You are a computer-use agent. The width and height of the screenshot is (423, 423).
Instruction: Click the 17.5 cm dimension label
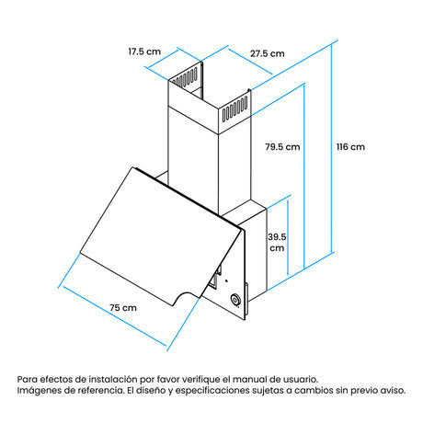coord(144,51)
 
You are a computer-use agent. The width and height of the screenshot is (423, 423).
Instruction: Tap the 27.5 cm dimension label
coord(268,53)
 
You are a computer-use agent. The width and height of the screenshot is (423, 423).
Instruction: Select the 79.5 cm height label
coord(282,147)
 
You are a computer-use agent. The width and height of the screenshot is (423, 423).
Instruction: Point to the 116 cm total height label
coord(350,147)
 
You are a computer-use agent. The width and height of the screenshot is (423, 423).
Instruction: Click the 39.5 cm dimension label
coord(277,243)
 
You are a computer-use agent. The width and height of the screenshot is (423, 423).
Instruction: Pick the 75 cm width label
coord(123,308)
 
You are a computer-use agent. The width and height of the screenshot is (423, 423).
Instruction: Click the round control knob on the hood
coord(235,300)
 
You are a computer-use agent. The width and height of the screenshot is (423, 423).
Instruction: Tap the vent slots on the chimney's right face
coord(234,109)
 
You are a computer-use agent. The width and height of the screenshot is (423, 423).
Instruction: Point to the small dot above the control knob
coord(226,280)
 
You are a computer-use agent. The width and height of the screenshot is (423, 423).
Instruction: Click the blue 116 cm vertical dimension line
coord(332,148)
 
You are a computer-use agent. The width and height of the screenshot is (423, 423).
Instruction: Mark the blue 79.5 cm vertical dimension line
coord(304,177)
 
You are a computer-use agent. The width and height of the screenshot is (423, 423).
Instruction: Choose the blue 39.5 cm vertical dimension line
coord(288,237)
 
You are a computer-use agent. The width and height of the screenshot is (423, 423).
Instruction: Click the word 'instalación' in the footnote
coord(113,379)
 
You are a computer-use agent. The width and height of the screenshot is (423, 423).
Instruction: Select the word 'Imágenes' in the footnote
coord(38,391)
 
